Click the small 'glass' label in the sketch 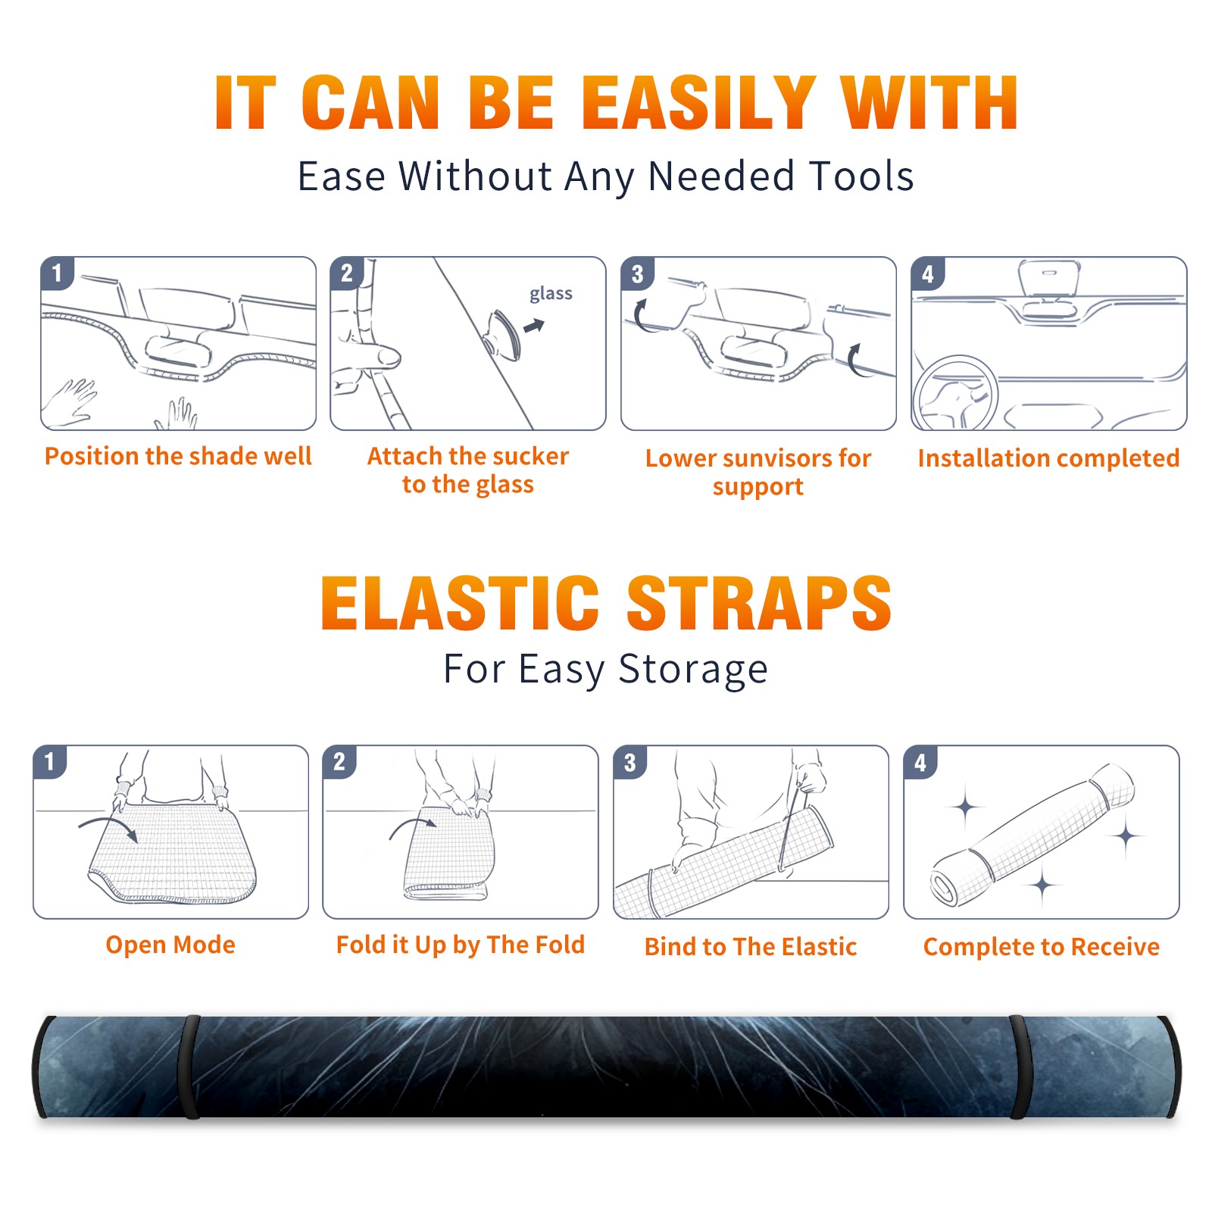(551, 293)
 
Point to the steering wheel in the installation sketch (955, 393)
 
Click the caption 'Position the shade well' (178, 456)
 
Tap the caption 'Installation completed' (1048, 458)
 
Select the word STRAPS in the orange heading (759, 603)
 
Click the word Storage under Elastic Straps (693, 670)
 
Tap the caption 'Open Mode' (170, 945)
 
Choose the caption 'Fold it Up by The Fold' (461, 945)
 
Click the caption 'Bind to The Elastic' (751, 947)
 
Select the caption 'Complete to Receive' (1042, 947)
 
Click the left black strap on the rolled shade (192, 1067)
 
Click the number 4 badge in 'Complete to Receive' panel (920, 762)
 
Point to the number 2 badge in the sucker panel (347, 273)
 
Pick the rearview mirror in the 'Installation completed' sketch (1048, 278)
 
